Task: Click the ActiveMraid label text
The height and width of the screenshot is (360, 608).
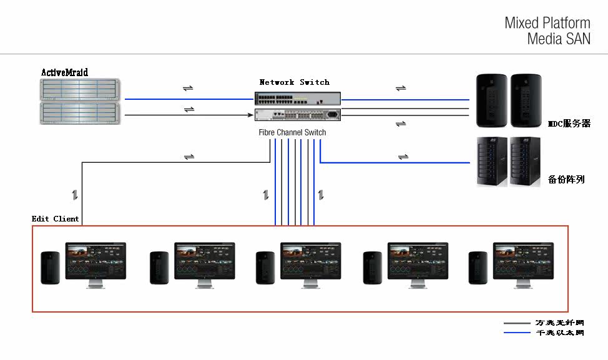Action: (x=64, y=72)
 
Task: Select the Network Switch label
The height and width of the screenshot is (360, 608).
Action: (x=294, y=82)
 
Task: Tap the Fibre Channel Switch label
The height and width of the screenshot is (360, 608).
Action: (x=292, y=132)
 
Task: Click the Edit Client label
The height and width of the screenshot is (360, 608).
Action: (x=56, y=219)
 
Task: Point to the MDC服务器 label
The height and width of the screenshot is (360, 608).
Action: (x=569, y=124)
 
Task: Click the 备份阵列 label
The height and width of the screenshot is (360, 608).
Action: (x=566, y=180)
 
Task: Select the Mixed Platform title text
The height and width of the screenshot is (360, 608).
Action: (x=547, y=24)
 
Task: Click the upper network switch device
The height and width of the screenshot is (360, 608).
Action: (x=298, y=98)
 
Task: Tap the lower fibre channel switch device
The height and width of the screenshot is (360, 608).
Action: (x=298, y=115)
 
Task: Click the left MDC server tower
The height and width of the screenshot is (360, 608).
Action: (x=491, y=101)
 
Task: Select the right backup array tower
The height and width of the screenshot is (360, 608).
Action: (x=525, y=161)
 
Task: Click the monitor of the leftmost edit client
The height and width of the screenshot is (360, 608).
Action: (x=96, y=261)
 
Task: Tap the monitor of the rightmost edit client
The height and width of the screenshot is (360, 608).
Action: (x=523, y=261)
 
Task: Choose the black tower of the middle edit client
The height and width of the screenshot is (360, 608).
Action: (x=265, y=268)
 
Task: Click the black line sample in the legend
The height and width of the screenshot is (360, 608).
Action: (x=517, y=323)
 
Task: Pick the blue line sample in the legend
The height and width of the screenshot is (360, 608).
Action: (x=517, y=333)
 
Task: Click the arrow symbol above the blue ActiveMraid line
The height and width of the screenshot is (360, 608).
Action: (x=188, y=88)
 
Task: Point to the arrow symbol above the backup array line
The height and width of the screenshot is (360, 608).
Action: (x=403, y=156)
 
